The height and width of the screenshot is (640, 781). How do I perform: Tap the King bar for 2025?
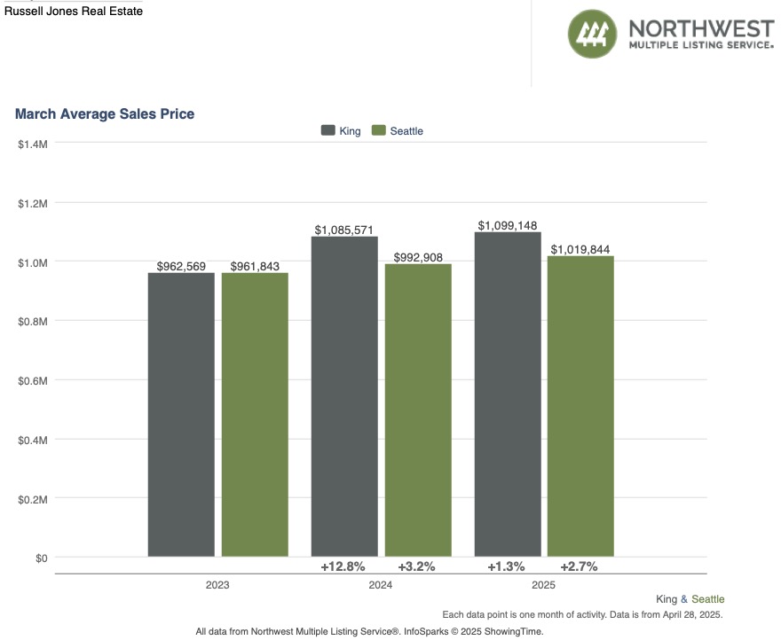click(x=508, y=394)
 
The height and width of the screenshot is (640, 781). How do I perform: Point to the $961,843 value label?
click(x=255, y=266)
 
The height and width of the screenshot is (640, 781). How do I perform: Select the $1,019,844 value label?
click(x=580, y=250)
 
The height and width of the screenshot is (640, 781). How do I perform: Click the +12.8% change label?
click(x=343, y=566)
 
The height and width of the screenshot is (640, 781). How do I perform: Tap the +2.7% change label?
click(x=579, y=566)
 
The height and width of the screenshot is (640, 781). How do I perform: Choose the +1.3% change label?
click(x=506, y=566)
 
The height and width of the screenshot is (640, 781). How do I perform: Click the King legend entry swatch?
click(x=327, y=130)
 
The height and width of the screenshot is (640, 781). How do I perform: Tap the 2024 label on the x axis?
click(x=381, y=586)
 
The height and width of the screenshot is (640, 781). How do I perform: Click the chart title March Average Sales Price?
click(x=105, y=113)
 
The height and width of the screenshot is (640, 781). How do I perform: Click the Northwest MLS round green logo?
click(x=592, y=35)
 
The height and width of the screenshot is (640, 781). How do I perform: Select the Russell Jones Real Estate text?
click(x=74, y=12)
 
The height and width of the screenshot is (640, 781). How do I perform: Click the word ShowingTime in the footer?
click(x=516, y=631)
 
